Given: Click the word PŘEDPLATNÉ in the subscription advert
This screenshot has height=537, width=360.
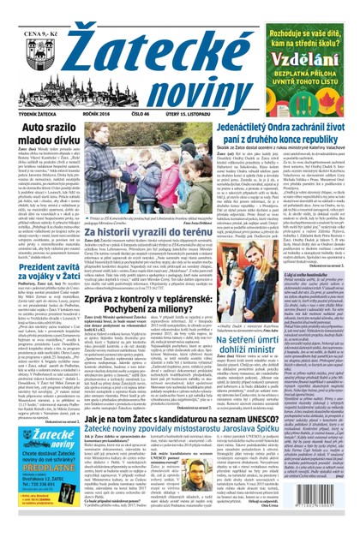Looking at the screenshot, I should click(x=37, y=489).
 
